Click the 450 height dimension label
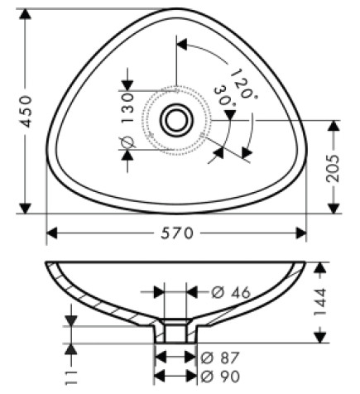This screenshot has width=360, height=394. coord(26,111)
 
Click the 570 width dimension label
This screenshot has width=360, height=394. coord(177,233)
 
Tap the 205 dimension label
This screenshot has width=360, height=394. coord(333,168)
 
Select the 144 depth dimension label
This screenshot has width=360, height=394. coord(320,302)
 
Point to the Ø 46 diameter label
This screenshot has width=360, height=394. coord(231,292)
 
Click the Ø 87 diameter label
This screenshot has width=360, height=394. coord(220,358)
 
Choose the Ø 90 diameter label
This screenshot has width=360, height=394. coord(220,377)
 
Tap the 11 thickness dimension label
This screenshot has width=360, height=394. coord(71,377)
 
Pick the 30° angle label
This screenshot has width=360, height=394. coord(225,96)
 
